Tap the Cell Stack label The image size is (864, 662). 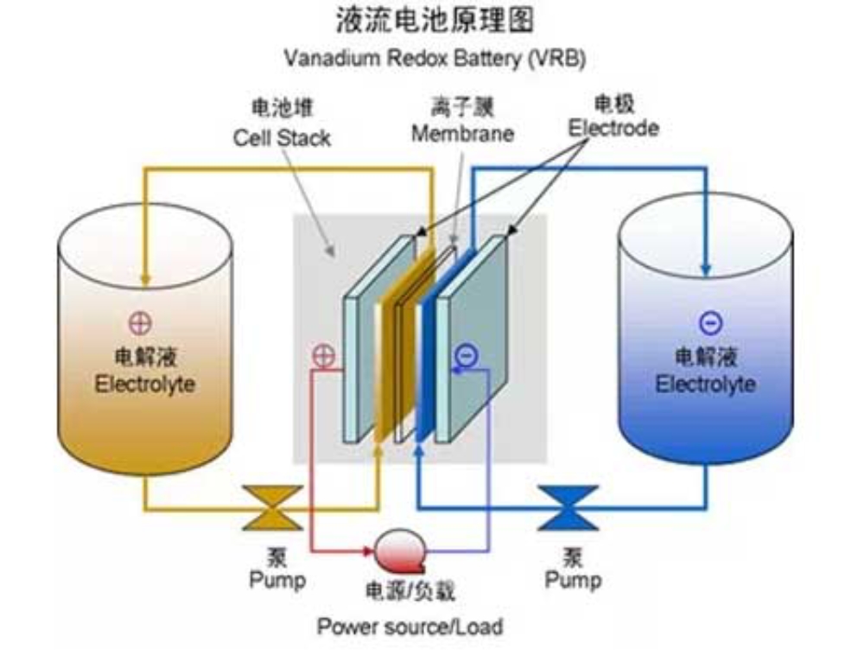[x=282, y=137]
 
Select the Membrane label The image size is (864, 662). [x=462, y=134]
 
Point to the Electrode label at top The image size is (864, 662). [x=613, y=128]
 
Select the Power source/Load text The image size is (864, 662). [x=410, y=625]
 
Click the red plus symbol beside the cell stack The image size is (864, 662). [x=323, y=354]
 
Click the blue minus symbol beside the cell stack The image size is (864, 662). [x=466, y=353]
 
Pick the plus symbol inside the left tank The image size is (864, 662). [x=139, y=325]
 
